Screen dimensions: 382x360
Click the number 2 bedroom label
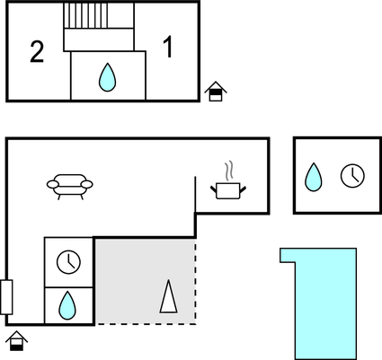37,52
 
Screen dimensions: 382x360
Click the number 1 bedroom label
168,47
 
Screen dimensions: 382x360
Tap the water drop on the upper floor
107,77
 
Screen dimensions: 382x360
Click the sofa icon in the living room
70,187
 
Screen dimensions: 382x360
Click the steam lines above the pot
229,171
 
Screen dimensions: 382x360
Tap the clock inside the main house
68,262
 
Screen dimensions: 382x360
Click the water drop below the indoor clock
67,305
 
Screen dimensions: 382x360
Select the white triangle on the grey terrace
169,297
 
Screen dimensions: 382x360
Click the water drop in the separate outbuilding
314,177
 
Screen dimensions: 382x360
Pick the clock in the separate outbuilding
352,176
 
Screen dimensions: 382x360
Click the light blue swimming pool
325,303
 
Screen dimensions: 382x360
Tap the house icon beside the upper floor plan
216,92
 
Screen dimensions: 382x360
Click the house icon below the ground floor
17,341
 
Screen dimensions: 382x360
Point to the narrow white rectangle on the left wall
6,297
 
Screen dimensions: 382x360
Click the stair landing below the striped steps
99,40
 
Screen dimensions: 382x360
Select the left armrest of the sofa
53,185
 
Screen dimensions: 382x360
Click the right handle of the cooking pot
243,189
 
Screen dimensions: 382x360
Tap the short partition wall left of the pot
195,195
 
